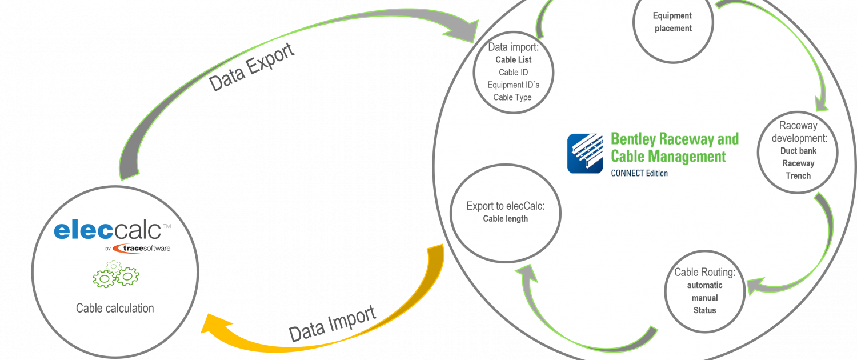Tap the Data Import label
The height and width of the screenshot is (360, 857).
coord(333,323)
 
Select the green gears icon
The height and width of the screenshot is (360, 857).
coord(115,274)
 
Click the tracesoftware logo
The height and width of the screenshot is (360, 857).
coord(142,249)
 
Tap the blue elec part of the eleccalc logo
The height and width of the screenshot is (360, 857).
coord(83,230)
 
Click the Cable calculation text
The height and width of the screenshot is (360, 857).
coord(115,308)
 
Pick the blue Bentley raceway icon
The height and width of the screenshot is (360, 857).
coord(585,153)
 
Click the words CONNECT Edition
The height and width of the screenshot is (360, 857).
coord(639,173)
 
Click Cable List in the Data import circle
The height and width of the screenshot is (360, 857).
coord(514,59)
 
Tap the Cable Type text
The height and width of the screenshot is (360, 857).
coord(512,98)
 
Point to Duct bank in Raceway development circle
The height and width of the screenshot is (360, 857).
coord(798,151)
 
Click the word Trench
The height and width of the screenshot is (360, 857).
coord(798,176)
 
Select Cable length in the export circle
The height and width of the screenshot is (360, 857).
coord(506,219)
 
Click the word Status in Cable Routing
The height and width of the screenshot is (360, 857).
coord(704,310)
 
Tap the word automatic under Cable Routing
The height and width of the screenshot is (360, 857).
coord(704,285)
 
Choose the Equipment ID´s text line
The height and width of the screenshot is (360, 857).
coord(514,85)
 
